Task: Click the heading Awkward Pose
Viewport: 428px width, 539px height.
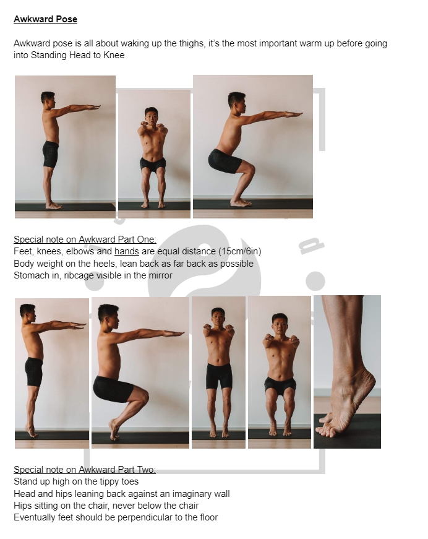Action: (45, 19)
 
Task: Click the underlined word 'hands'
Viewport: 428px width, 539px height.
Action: (126, 251)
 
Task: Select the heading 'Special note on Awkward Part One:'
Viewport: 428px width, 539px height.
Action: (85, 239)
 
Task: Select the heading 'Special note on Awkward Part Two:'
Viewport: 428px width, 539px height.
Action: (85, 470)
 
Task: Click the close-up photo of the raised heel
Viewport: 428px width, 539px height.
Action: (347, 371)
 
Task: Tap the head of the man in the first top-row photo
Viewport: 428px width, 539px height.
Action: (48, 99)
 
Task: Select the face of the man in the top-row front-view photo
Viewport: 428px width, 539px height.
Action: (152, 116)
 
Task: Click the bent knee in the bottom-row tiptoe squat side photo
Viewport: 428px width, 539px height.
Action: (142, 394)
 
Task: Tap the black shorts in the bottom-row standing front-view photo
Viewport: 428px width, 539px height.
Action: (219, 375)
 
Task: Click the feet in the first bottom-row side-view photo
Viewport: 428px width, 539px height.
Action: (31, 431)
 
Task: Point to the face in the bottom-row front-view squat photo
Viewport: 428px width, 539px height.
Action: (280, 324)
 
